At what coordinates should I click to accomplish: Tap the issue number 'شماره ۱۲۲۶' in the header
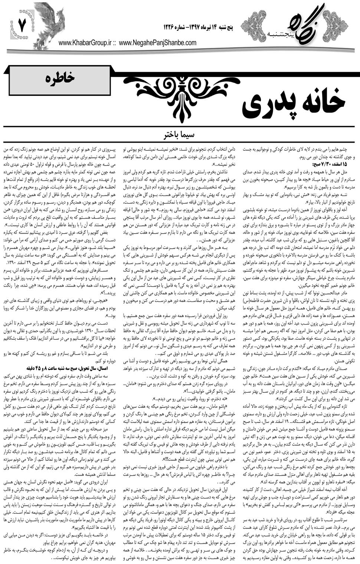pos(176,28)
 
